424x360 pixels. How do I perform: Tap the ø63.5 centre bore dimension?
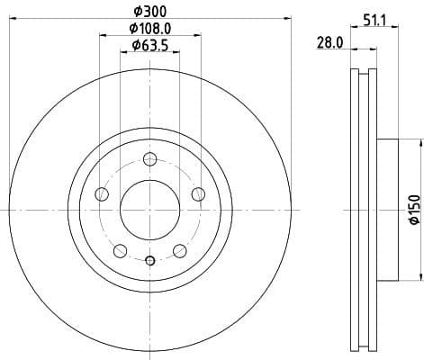click(x=151, y=46)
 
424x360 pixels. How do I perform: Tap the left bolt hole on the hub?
click(x=102, y=194)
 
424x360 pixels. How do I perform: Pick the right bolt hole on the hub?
click(x=198, y=195)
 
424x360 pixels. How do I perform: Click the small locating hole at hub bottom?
click(x=150, y=262)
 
